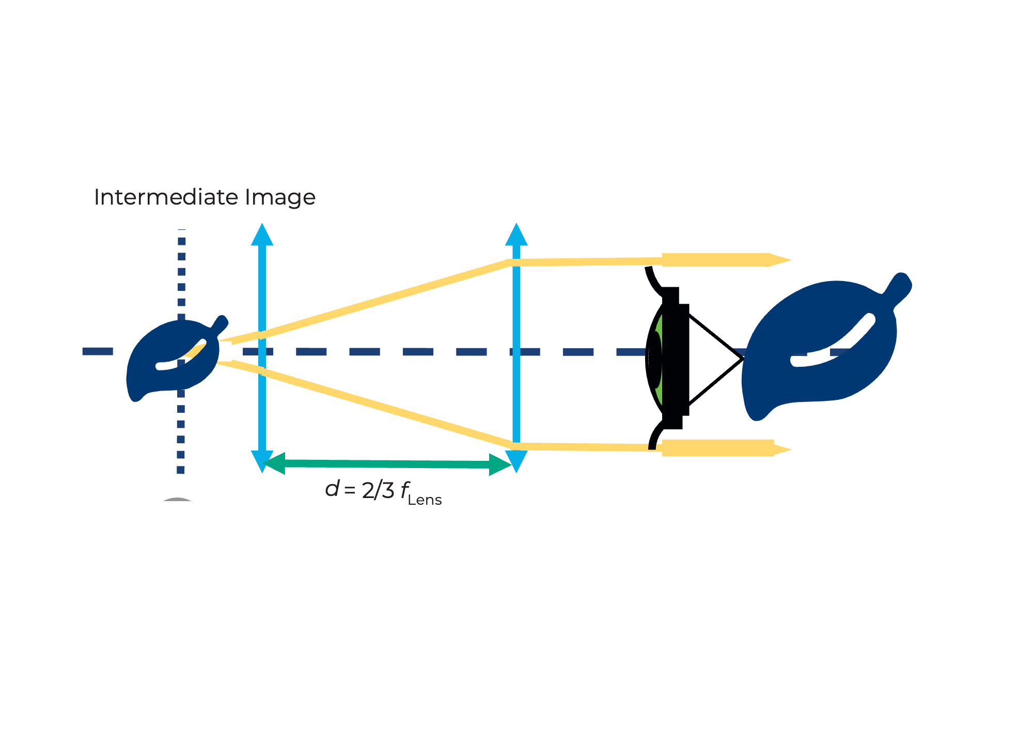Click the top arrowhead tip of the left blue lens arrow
coord(262,223)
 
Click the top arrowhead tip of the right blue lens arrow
coord(516,223)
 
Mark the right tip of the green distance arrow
coord(512,465)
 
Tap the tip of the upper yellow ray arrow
coord(791,260)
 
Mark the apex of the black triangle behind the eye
coord(744,358)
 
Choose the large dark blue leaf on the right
coord(826,346)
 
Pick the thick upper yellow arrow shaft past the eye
coord(716,260)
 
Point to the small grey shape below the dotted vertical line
coord(177,499)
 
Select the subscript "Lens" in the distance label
coord(425,500)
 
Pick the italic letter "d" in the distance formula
coord(332,488)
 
